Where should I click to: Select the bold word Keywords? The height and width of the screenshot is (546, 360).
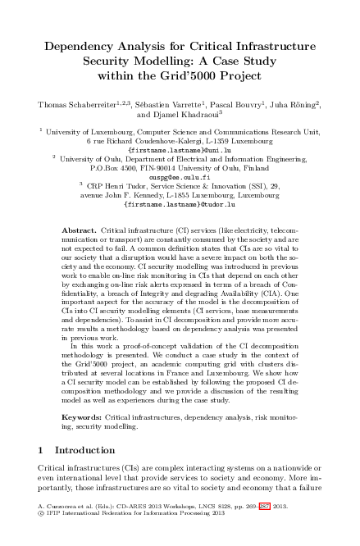coord(83,418)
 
